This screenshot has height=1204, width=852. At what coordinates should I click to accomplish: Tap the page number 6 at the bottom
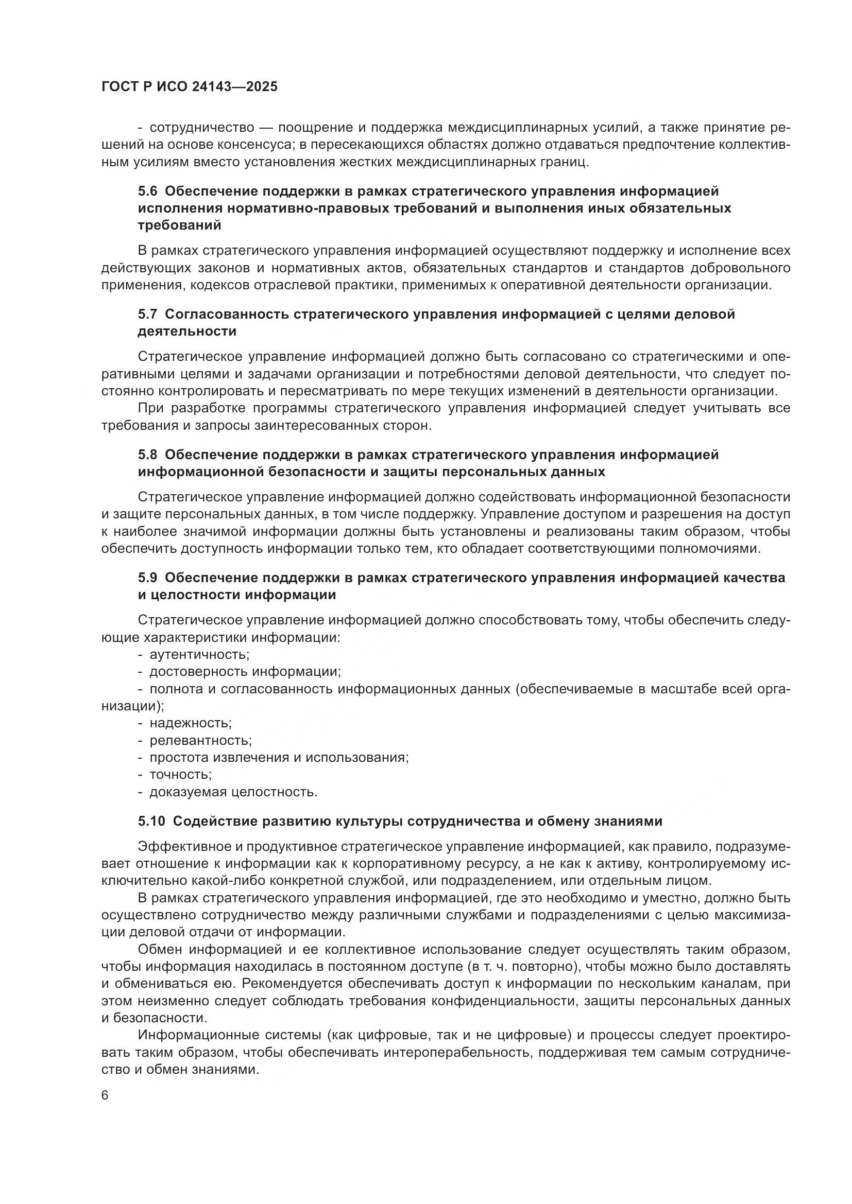[x=105, y=1095]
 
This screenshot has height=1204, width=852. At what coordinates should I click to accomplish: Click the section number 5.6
[x=147, y=191]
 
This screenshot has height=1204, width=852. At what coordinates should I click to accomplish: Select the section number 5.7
[x=147, y=314]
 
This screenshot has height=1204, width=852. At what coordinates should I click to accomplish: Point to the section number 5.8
[x=147, y=455]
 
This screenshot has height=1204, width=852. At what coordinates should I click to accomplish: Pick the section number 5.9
[x=147, y=578]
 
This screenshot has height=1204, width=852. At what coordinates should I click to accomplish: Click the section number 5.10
[x=151, y=821]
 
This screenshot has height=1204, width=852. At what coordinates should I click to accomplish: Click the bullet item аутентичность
[x=199, y=654]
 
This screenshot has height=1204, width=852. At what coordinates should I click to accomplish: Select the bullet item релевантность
[x=200, y=740]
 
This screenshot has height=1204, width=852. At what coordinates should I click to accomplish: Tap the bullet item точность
[x=180, y=775]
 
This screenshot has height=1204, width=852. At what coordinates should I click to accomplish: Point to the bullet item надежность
[x=191, y=723]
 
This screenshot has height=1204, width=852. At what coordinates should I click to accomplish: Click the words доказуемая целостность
[x=233, y=792]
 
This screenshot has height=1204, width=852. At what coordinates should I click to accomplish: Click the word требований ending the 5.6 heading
[x=179, y=225]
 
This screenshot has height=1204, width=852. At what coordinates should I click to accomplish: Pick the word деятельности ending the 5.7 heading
[x=188, y=331]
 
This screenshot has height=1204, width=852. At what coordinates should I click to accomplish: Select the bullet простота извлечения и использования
[x=279, y=757]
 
